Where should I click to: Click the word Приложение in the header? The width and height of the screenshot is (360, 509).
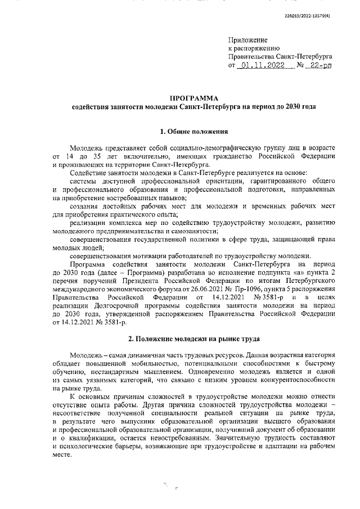(x=248, y=40)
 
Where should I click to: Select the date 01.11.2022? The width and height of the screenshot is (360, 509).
(x=259, y=65)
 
